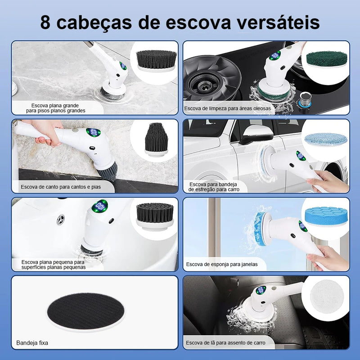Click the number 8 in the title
click(46, 22)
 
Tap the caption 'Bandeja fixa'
click(32, 343)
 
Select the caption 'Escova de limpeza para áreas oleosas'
click(227, 108)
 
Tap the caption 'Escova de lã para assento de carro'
click(225, 343)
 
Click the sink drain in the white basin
click(60, 220)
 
